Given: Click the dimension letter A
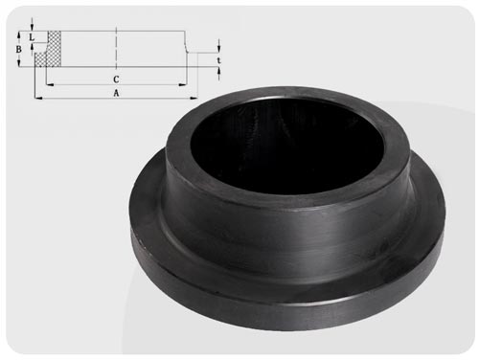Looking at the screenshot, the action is (x=116, y=93).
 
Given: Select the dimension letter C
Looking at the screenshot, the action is (x=116, y=79).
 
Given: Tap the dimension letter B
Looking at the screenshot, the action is (x=19, y=50).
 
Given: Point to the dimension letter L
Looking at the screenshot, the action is (x=32, y=37).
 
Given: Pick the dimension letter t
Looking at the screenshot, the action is (x=218, y=60).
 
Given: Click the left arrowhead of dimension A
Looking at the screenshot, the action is (x=38, y=99).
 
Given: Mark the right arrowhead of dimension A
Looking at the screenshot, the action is (x=194, y=99).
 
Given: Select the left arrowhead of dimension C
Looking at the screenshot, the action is (x=50, y=84).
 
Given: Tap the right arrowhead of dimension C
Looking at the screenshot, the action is (x=182, y=84).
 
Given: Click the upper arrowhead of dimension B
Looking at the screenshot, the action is (x=19, y=34).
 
